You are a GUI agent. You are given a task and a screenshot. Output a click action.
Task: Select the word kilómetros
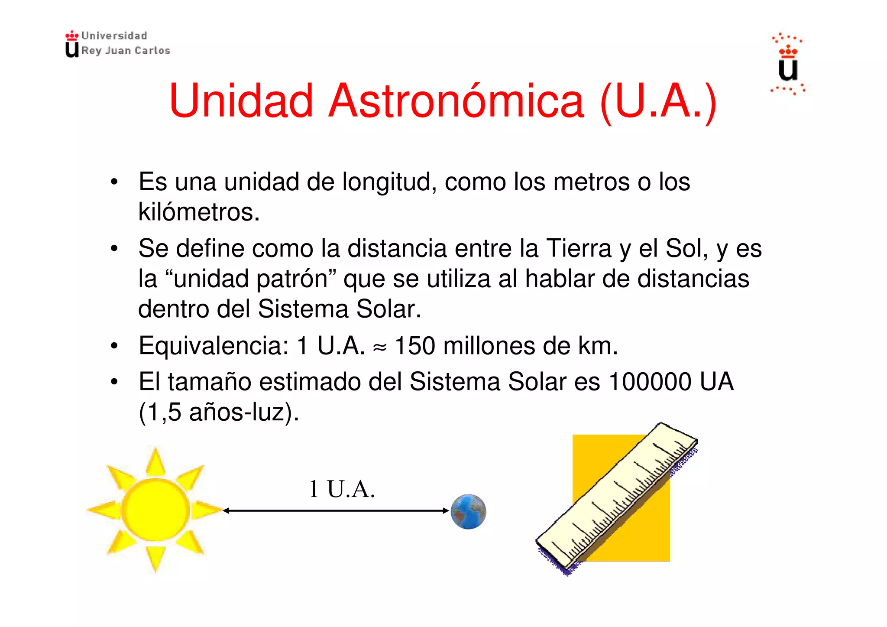198,212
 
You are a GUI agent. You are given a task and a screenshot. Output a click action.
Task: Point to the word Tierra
579,249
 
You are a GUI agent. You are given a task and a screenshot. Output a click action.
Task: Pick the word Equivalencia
214,346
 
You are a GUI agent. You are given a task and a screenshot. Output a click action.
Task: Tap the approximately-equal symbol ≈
379,347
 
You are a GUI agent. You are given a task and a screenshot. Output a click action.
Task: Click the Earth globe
468,511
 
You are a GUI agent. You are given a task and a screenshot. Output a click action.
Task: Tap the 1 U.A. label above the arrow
342,489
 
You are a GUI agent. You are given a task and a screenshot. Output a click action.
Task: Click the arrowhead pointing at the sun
226,511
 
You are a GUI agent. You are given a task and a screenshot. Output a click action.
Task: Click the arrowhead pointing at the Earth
446,511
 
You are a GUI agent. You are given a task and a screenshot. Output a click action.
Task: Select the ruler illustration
616,498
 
